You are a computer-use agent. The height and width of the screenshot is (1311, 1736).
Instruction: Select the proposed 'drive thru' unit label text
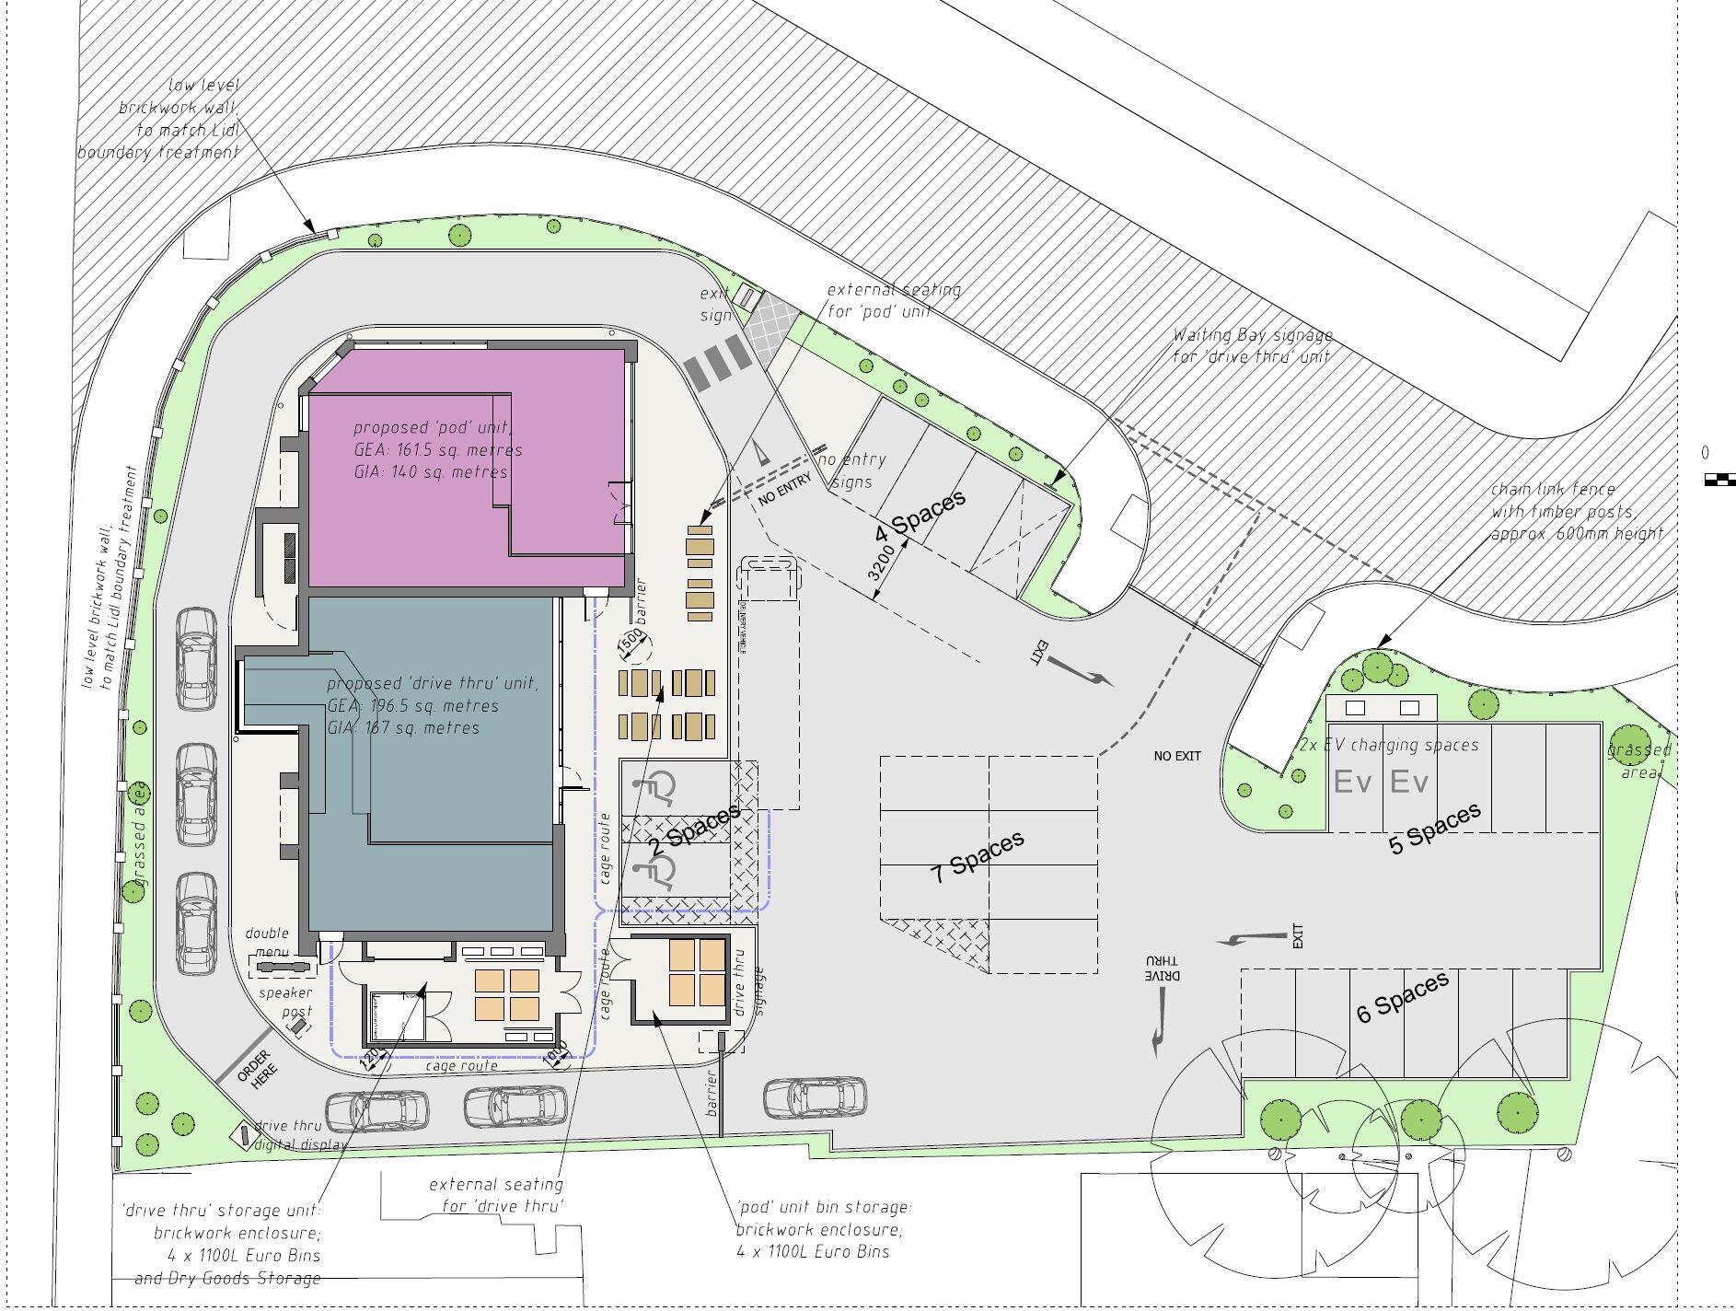click(x=431, y=705)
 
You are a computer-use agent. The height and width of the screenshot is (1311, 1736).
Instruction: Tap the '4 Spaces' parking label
click(x=920, y=516)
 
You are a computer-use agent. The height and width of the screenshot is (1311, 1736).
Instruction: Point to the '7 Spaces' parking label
click(x=978, y=856)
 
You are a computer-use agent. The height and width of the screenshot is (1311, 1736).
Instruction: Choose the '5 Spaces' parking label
click(x=1434, y=828)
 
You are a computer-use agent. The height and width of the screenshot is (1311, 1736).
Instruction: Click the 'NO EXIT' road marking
click(x=1177, y=756)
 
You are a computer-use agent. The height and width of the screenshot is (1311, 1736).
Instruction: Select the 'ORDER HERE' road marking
click(x=256, y=1069)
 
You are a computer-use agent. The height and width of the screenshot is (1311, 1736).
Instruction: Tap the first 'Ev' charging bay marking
click(x=1353, y=783)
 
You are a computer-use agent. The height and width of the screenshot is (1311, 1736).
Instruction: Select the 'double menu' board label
click(x=267, y=943)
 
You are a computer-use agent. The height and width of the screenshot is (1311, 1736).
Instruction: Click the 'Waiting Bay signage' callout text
click(x=1252, y=346)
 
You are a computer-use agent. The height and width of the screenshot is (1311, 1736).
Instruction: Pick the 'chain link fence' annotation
click(x=1576, y=511)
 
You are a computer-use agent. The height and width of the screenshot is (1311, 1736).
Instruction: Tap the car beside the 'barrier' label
click(x=815, y=1097)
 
